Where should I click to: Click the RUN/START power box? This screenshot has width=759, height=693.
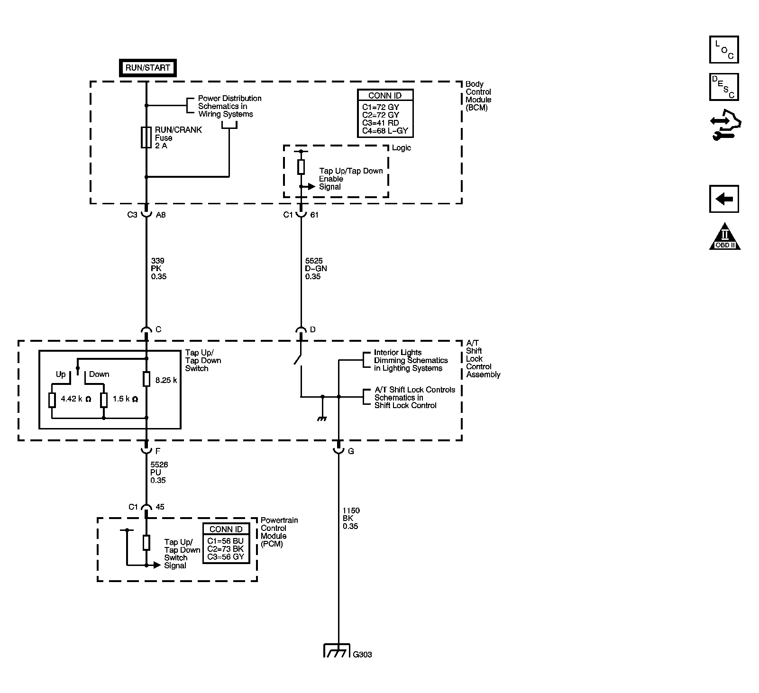tap(147, 68)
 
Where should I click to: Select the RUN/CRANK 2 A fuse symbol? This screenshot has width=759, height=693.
tap(146, 137)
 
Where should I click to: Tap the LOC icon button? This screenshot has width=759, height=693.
tap(724, 49)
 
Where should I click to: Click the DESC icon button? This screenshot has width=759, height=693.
tap(724, 87)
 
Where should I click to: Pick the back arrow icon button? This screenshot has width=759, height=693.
tap(724, 199)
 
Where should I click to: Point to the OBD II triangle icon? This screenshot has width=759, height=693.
tap(725, 236)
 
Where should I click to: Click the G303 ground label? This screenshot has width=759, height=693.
tap(363, 654)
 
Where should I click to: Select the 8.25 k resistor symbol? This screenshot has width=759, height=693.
tap(146, 379)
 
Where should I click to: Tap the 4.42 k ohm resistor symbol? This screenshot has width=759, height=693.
tap(52, 400)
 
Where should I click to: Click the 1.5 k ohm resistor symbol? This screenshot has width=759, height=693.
tap(104, 400)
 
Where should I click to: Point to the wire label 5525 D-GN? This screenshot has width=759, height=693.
tap(316, 268)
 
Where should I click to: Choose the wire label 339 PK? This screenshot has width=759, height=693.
tap(159, 268)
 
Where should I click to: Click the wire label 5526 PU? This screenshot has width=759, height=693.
tap(159, 472)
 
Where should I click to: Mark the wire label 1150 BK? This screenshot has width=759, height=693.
tap(351, 518)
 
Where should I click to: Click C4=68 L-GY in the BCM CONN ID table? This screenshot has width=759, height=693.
tap(385, 131)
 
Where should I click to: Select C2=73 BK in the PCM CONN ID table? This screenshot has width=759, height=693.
tap(226, 548)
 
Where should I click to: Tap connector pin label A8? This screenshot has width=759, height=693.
tap(161, 215)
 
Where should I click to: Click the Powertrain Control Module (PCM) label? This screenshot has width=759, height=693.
tap(279, 532)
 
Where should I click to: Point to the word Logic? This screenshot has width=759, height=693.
tap(401, 148)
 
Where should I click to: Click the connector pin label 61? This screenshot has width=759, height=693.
tap(314, 215)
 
